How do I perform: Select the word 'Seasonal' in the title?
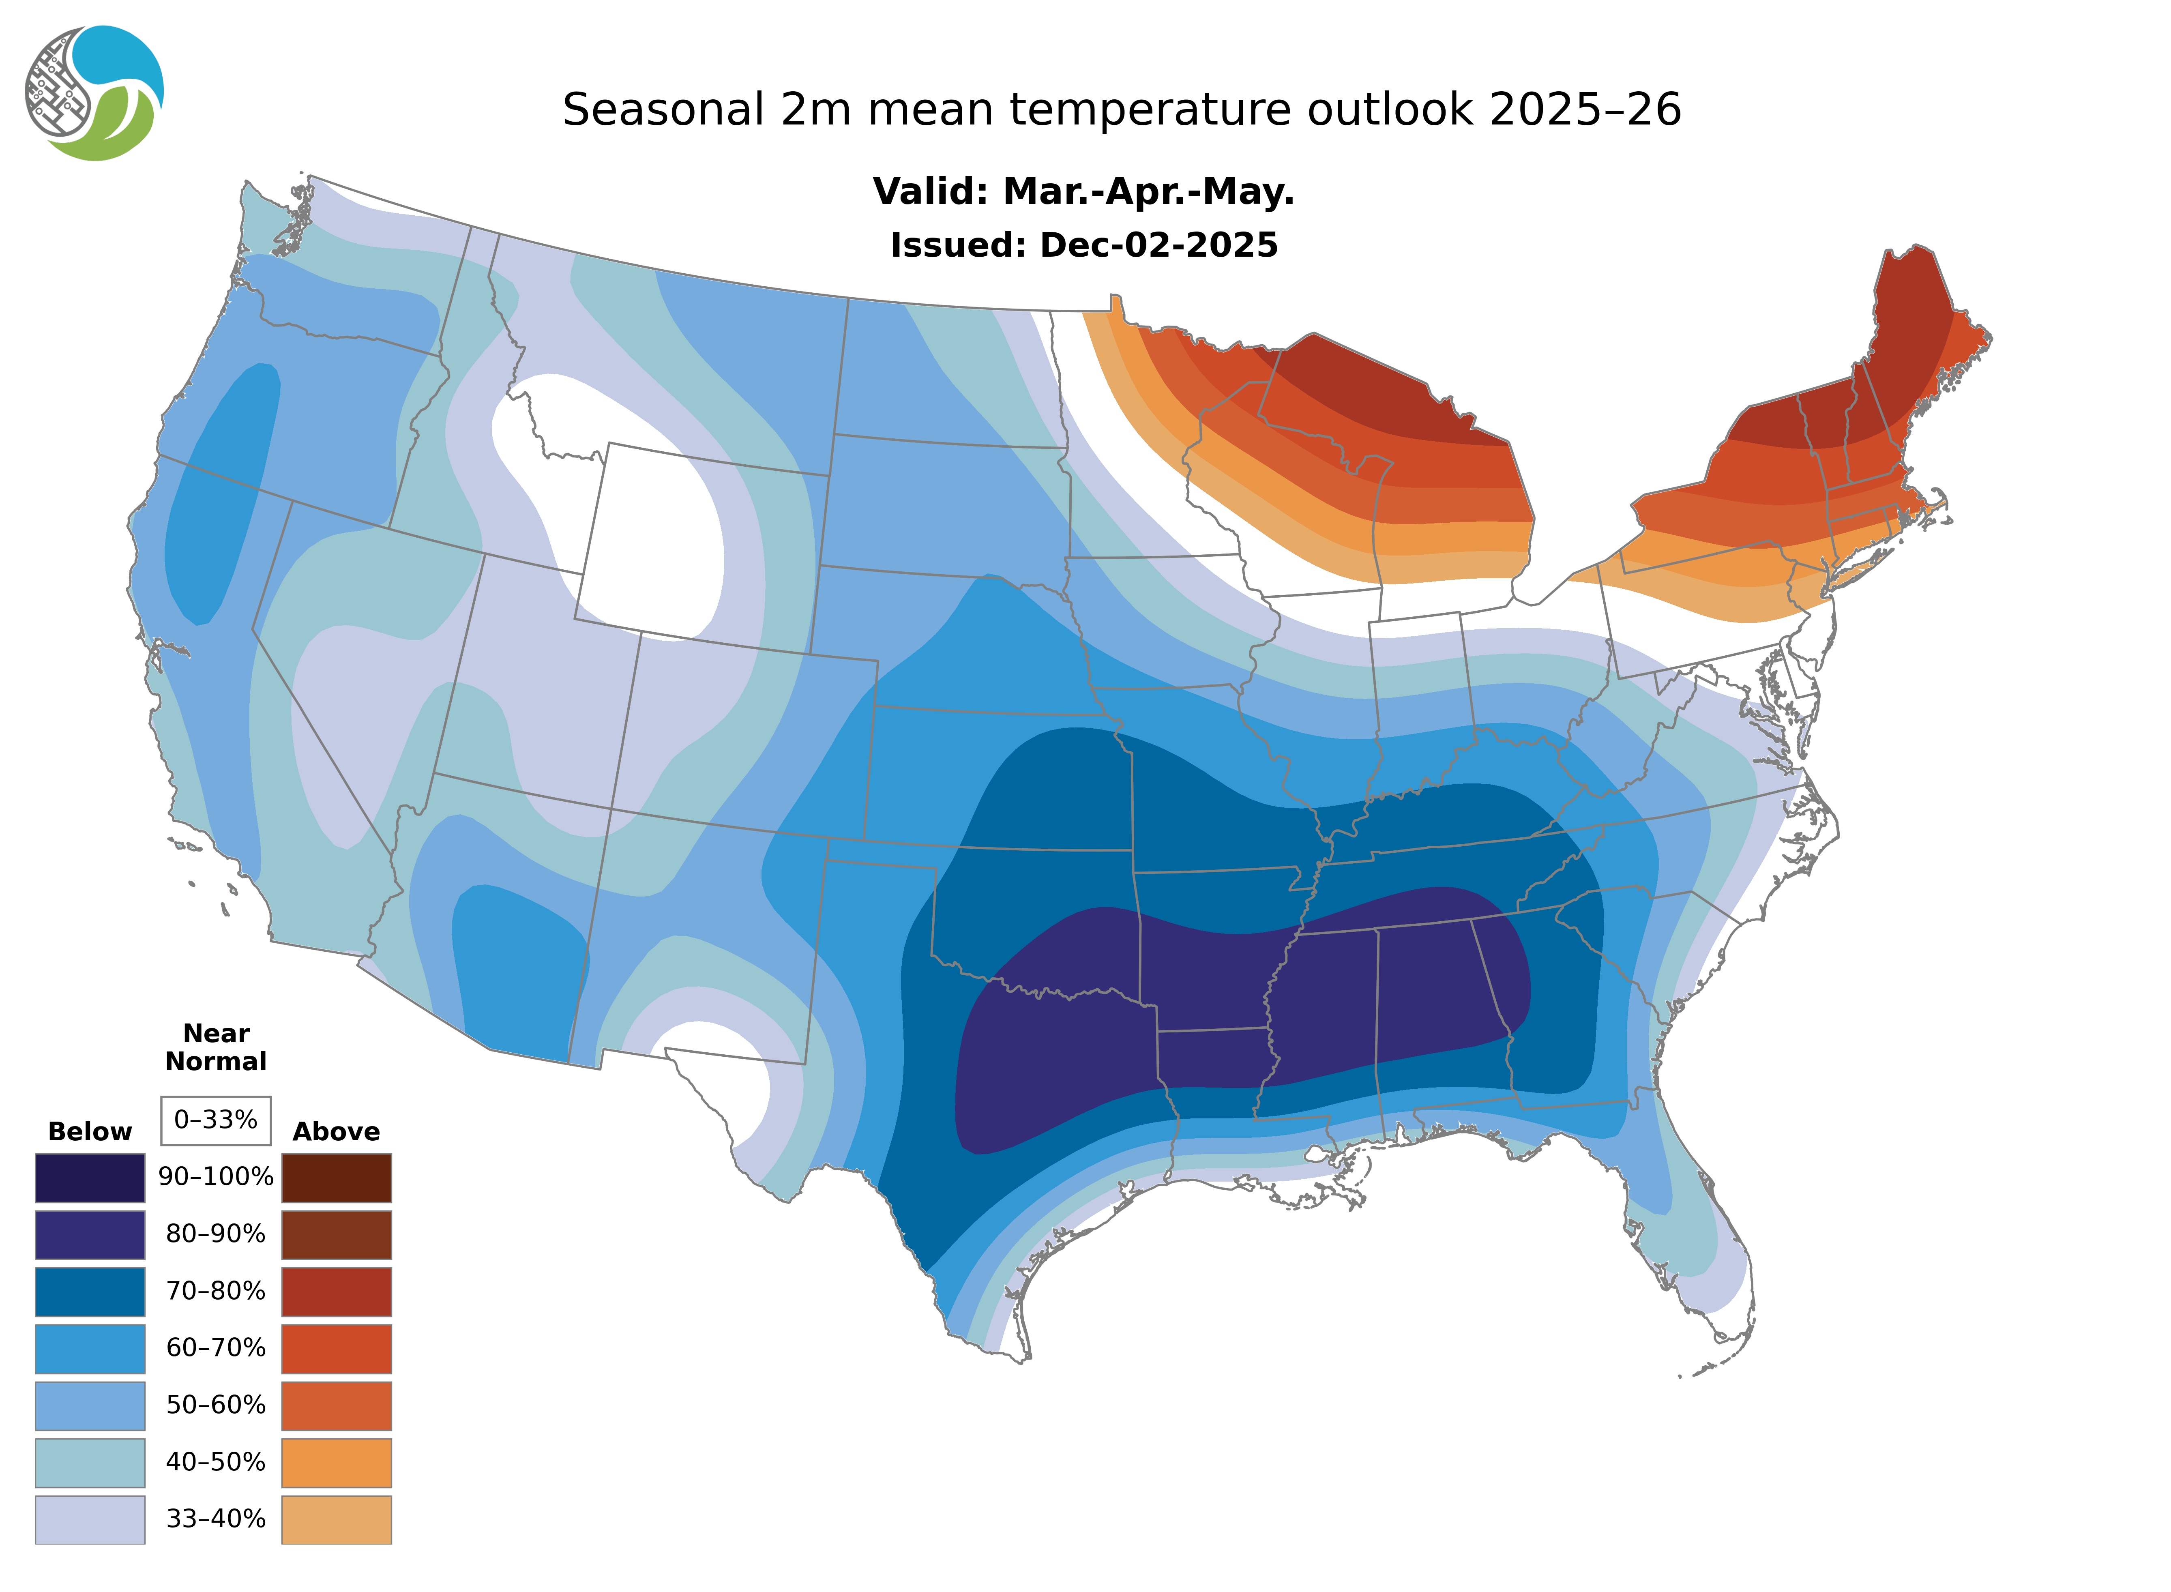pyautogui.click(x=663, y=110)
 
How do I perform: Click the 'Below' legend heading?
pyautogui.click(x=90, y=1131)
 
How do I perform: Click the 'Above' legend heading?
pyautogui.click(x=336, y=1131)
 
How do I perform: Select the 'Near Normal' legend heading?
pyautogui.click(x=216, y=1047)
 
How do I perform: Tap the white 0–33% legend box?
pyautogui.click(x=216, y=1120)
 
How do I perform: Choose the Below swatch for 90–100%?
pyautogui.click(x=90, y=1178)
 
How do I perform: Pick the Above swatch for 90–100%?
pyautogui.click(x=336, y=1178)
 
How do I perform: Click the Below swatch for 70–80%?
pyautogui.click(x=90, y=1292)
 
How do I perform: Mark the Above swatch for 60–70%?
pyautogui.click(x=336, y=1348)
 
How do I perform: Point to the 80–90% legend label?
pyautogui.click(x=216, y=1234)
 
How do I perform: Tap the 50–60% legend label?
pyautogui.click(x=216, y=1405)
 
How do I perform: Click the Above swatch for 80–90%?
pyautogui.click(x=336, y=1234)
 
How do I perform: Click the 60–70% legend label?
pyautogui.click(x=216, y=1348)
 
